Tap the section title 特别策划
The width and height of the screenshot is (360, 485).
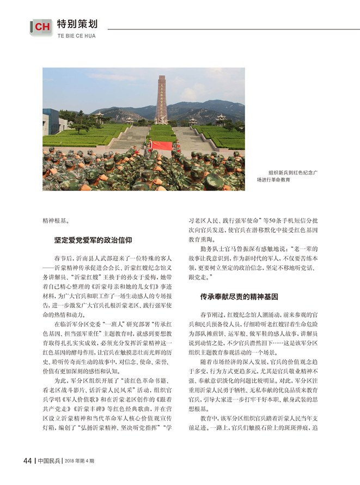click(x=77, y=23)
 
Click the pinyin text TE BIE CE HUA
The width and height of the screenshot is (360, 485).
click(x=76, y=36)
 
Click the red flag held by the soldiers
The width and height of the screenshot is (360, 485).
click(x=162, y=145)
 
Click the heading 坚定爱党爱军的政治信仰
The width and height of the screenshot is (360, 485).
click(x=93, y=240)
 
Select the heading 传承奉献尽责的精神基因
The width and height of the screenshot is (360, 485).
click(x=239, y=297)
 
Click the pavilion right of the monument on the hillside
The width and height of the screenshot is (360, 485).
click(x=220, y=120)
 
